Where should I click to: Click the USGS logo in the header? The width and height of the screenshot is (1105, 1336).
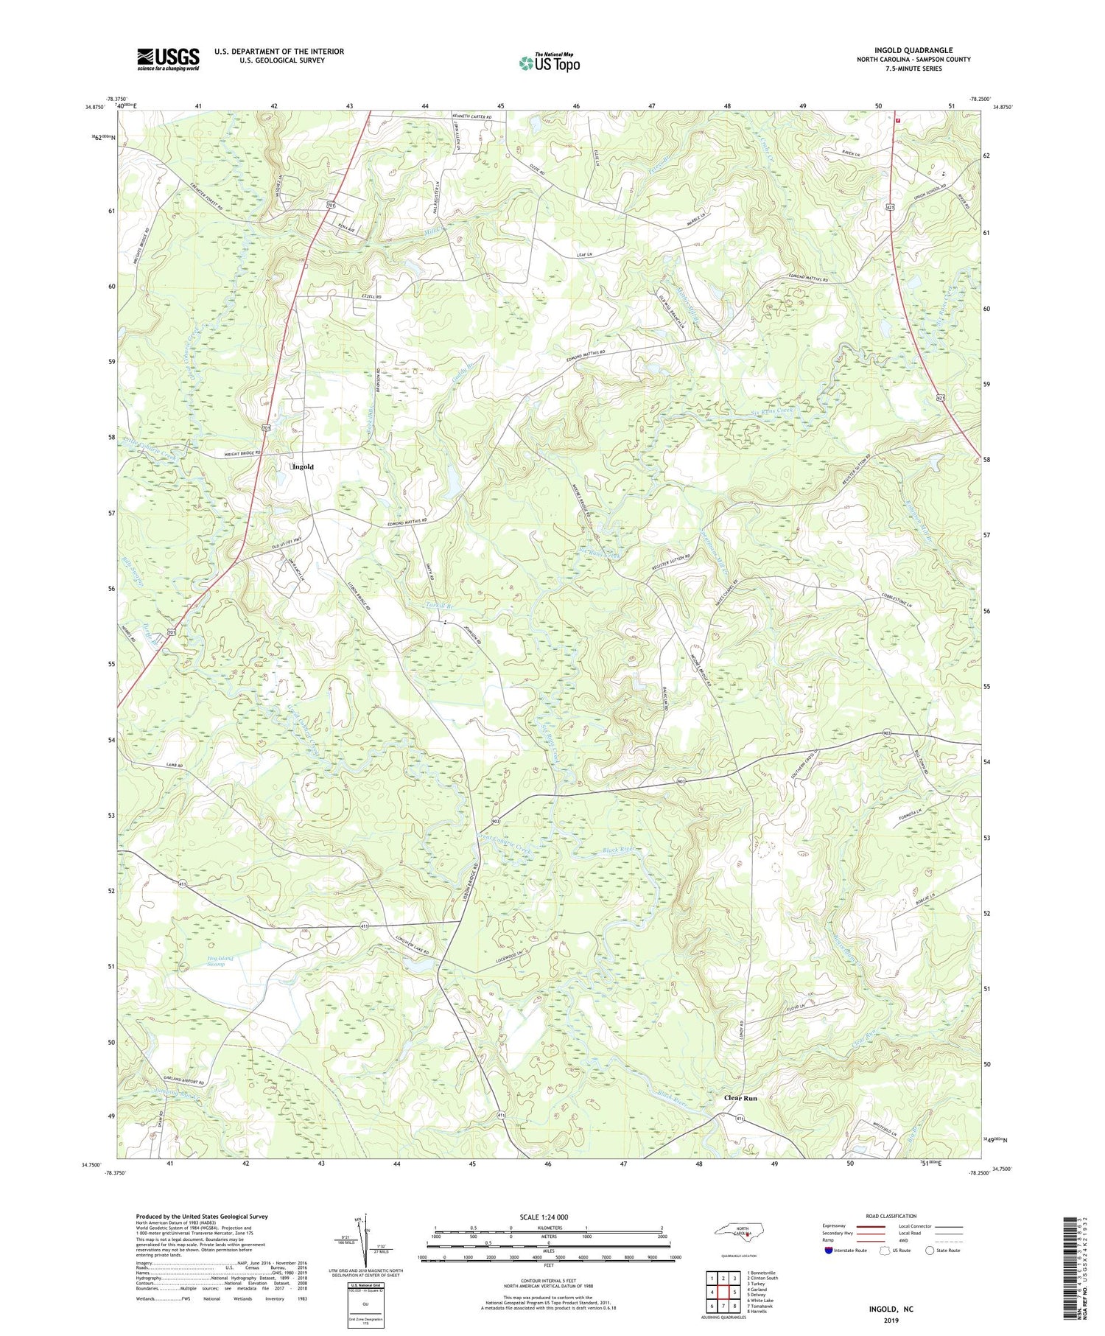(168, 59)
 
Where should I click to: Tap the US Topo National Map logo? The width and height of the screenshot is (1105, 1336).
(549, 63)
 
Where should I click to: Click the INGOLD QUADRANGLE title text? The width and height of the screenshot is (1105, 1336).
(913, 50)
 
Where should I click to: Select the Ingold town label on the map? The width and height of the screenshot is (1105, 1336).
(303, 466)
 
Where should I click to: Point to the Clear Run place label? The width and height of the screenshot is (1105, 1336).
(740, 1098)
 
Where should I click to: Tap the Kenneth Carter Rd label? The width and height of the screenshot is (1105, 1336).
(481, 117)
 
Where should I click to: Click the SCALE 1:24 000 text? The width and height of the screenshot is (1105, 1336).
(543, 1217)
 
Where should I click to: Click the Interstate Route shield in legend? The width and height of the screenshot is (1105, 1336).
(829, 1250)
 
